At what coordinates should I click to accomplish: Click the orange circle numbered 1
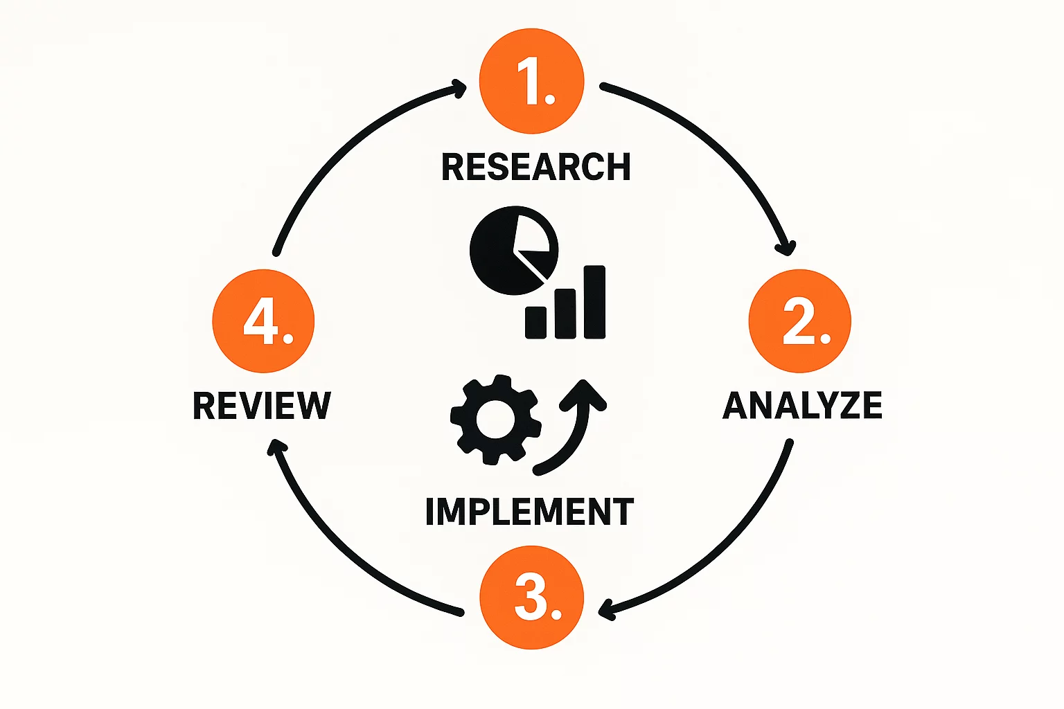532,82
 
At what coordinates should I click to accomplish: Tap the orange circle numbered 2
800,321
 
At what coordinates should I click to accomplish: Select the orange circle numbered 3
532,598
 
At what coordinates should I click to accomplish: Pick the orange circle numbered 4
263,321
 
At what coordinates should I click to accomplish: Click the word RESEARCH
536,167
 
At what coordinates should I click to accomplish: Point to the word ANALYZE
802,406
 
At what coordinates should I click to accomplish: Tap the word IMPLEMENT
530,512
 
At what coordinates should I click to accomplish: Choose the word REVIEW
262,406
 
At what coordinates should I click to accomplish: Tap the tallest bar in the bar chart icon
594,302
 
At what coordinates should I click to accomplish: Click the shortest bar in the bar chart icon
535,322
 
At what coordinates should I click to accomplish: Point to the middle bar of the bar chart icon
565,314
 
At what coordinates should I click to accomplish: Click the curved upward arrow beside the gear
575,429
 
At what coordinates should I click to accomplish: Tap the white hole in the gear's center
495,420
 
